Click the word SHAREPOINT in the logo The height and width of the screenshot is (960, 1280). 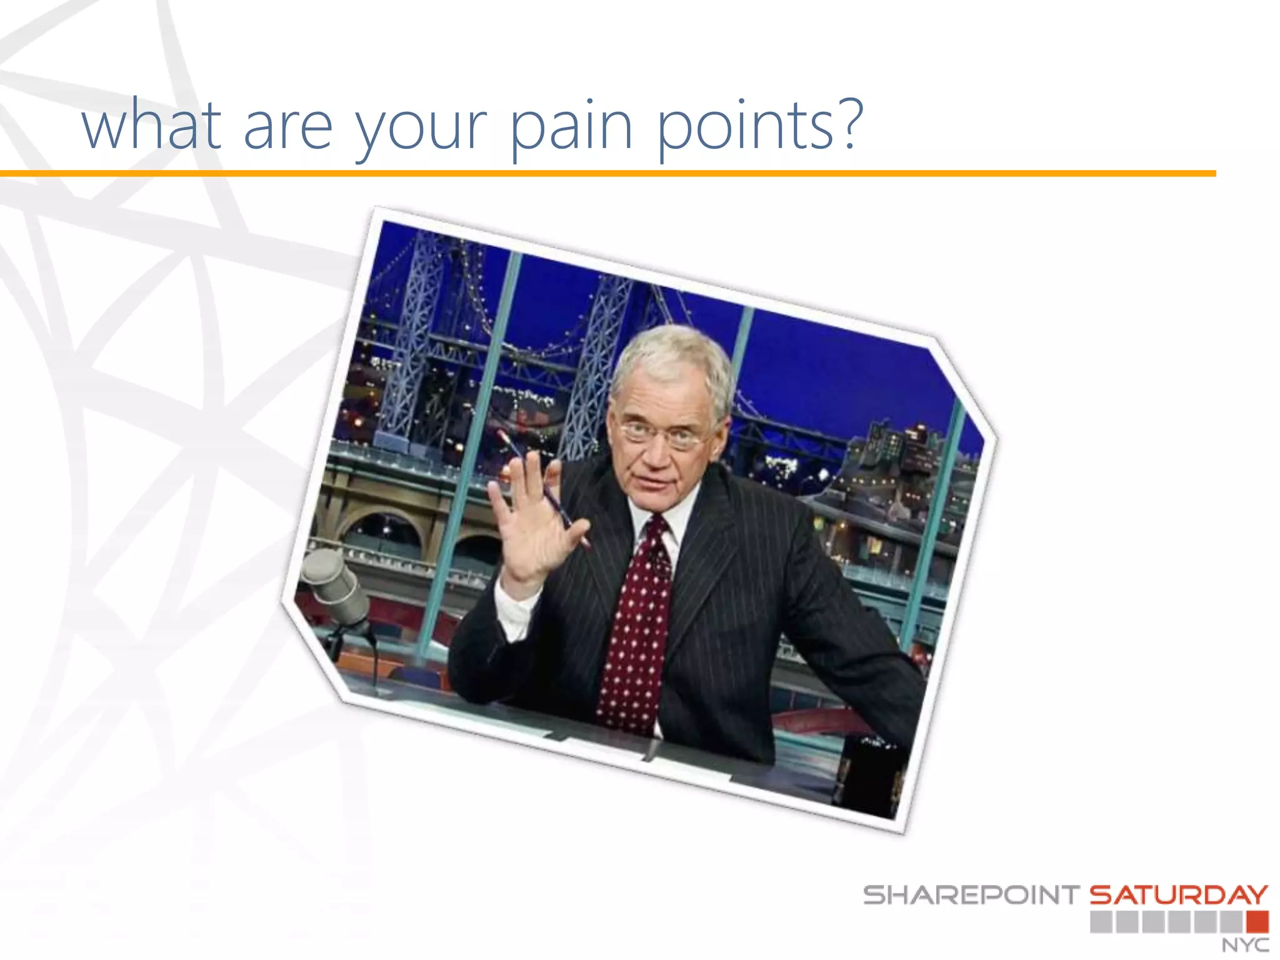971,895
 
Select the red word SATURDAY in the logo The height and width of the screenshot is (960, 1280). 1179,895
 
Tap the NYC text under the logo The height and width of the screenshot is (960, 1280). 1245,945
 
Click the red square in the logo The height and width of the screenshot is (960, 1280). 1257,922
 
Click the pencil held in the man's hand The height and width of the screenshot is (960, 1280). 550,494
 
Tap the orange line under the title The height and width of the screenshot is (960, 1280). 606,173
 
